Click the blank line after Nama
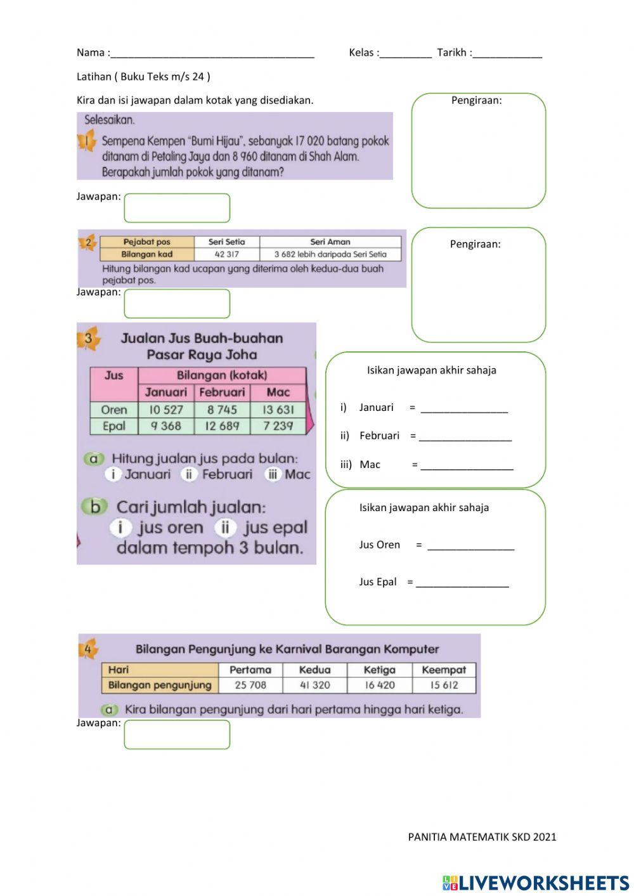212,54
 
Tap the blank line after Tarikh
507,54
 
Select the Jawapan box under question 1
177,208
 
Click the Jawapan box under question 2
177,304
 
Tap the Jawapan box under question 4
177,734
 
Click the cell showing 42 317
226,254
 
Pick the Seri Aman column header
330,242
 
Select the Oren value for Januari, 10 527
166,410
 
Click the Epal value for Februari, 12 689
222,426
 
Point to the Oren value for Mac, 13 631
278,410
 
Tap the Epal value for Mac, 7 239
278,426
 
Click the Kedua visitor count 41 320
314,685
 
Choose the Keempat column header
444,670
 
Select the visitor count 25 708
250,685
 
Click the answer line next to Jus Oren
470,546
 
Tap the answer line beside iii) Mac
467,465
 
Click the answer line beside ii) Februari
465,436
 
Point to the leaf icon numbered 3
88,339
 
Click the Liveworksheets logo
536,883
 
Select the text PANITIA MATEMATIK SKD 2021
482,836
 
